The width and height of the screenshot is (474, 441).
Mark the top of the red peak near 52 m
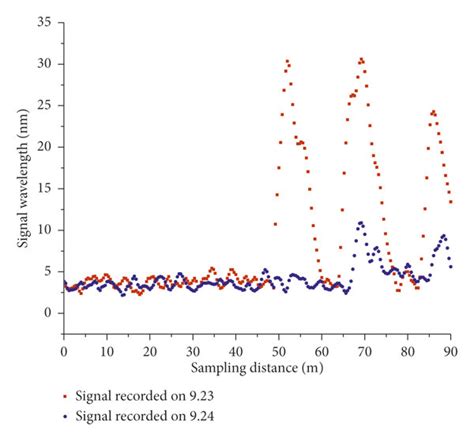(287, 61)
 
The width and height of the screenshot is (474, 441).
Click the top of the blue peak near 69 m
(361, 222)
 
